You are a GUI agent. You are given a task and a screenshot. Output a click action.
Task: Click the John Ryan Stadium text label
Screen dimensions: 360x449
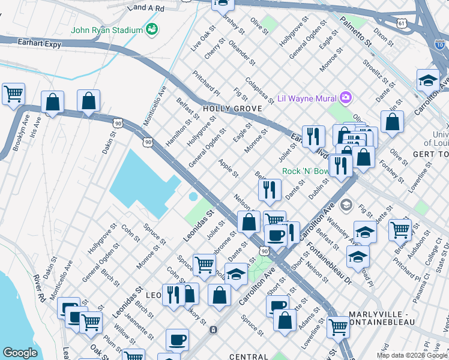(107, 30)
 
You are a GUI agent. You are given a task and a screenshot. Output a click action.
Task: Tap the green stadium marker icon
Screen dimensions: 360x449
(152, 29)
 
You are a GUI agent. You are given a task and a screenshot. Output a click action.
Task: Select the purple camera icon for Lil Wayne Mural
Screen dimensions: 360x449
(345, 97)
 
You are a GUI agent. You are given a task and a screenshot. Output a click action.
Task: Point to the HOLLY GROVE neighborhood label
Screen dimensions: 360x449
(232, 109)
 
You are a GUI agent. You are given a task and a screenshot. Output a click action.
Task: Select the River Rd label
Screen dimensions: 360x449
(40, 288)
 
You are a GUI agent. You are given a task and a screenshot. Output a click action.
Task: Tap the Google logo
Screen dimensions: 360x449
(20, 352)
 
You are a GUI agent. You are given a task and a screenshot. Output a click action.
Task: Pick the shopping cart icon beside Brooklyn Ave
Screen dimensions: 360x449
(13, 94)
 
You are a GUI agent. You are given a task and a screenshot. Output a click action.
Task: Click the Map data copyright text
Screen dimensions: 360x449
(411, 355)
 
